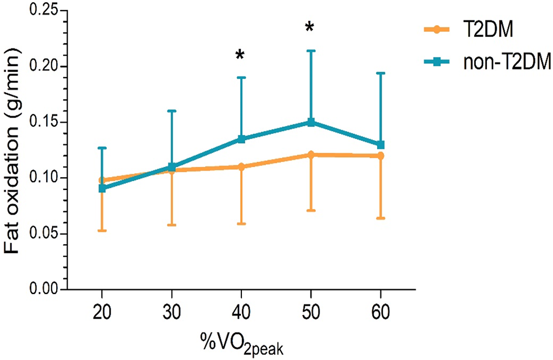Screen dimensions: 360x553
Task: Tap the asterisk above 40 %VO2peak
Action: [x=240, y=56]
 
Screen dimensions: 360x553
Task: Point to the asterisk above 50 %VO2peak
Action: [x=310, y=28]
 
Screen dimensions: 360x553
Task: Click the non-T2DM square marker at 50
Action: [x=311, y=122]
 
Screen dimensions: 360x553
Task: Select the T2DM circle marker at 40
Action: [x=241, y=167]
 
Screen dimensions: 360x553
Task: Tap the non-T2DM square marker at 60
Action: [x=381, y=145]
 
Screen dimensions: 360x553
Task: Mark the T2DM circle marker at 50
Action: [x=311, y=155]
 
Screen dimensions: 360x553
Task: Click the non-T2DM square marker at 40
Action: [x=241, y=139]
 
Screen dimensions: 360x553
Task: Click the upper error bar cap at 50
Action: [x=311, y=51]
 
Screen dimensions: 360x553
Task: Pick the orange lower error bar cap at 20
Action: [x=102, y=231]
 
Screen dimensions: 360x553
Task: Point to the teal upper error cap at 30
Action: [x=172, y=110]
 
